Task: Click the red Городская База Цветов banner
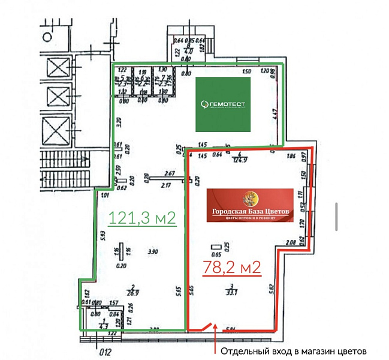point(250,205)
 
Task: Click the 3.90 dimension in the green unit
point(152,251)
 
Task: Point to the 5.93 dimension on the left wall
point(104,236)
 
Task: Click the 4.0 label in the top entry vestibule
point(188,52)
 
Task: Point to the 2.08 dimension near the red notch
point(290,242)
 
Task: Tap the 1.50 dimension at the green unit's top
point(246,72)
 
